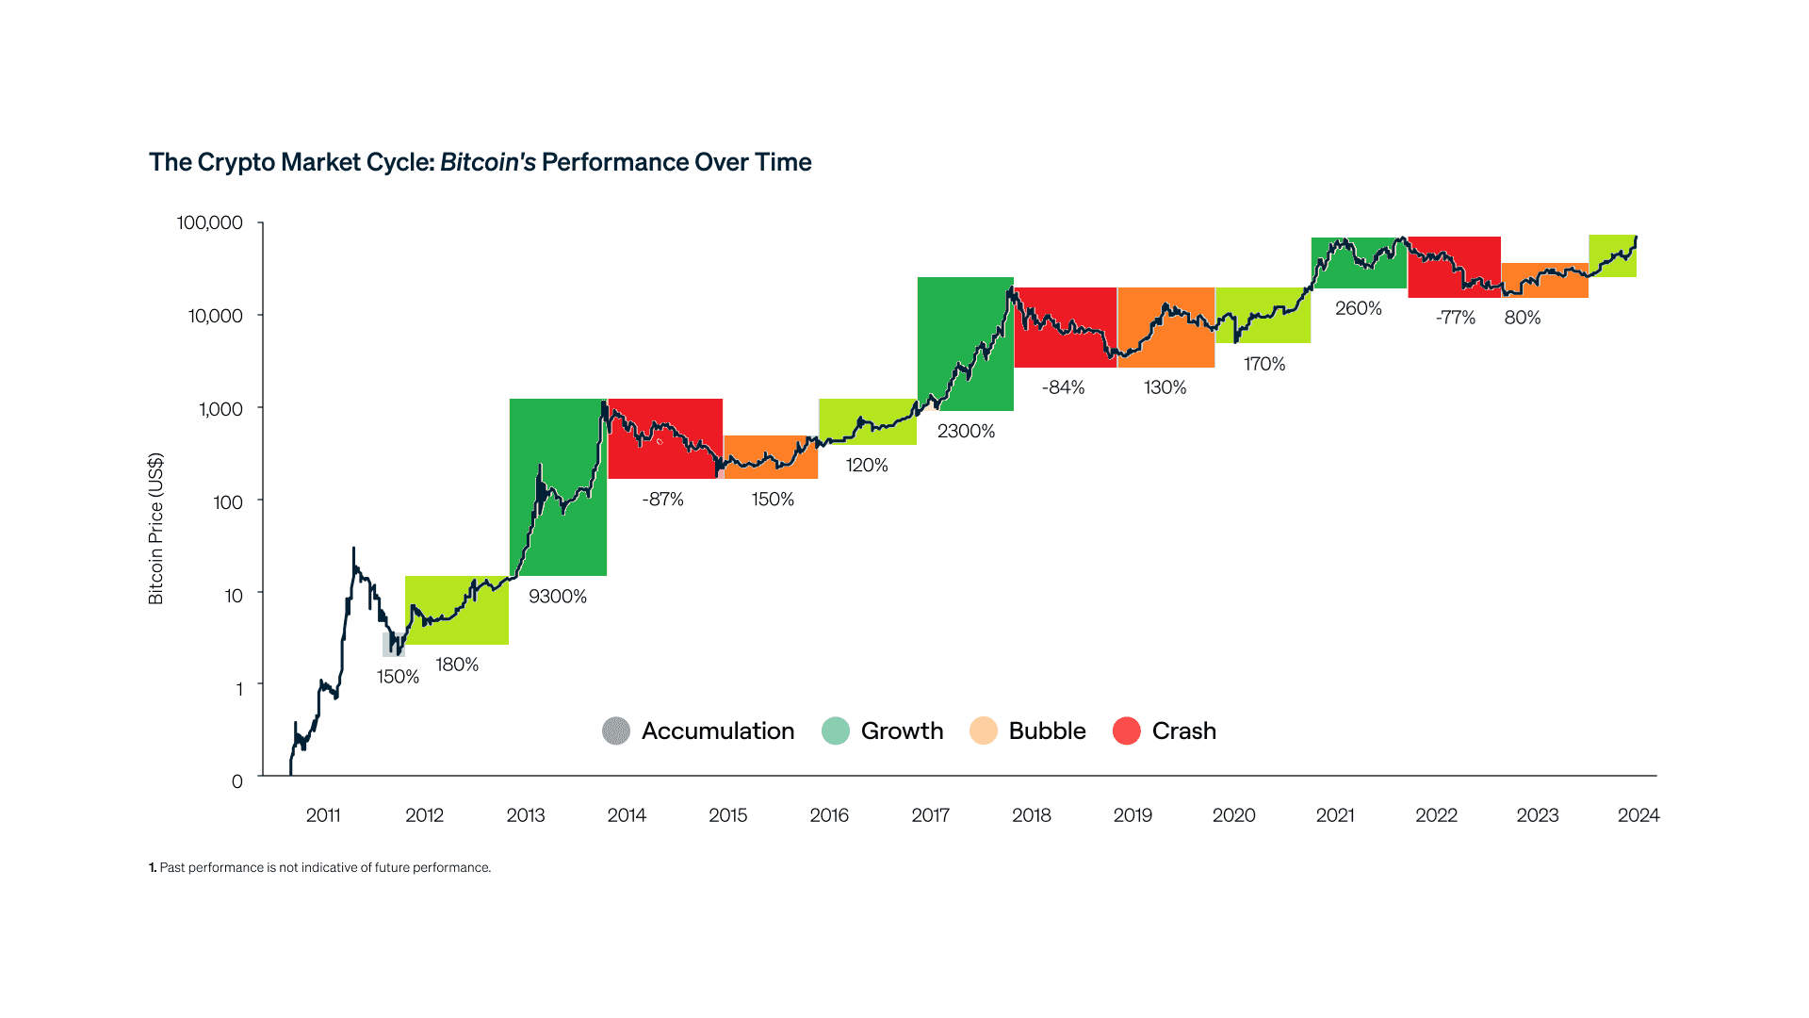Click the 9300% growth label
tap(558, 597)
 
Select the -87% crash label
tap(662, 500)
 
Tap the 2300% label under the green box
tap(966, 432)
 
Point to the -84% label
tap(1063, 387)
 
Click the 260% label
tap(1358, 308)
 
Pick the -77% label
tap(1455, 318)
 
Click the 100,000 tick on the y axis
tap(209, 222)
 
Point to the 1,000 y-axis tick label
tap(220, 409)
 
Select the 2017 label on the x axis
tap(930, 815)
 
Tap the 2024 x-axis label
tap(1638, 815)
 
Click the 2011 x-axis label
tap(323, 815)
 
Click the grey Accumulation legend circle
tap(616, 731)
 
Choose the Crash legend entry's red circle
tap(1126, 731)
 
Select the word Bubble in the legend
tap(1047, 731)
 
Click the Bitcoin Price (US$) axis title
tap(156, 529)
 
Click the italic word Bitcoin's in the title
tap(487, 162)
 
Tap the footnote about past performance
tap(320, 868)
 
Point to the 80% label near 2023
tap(1522, 318)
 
